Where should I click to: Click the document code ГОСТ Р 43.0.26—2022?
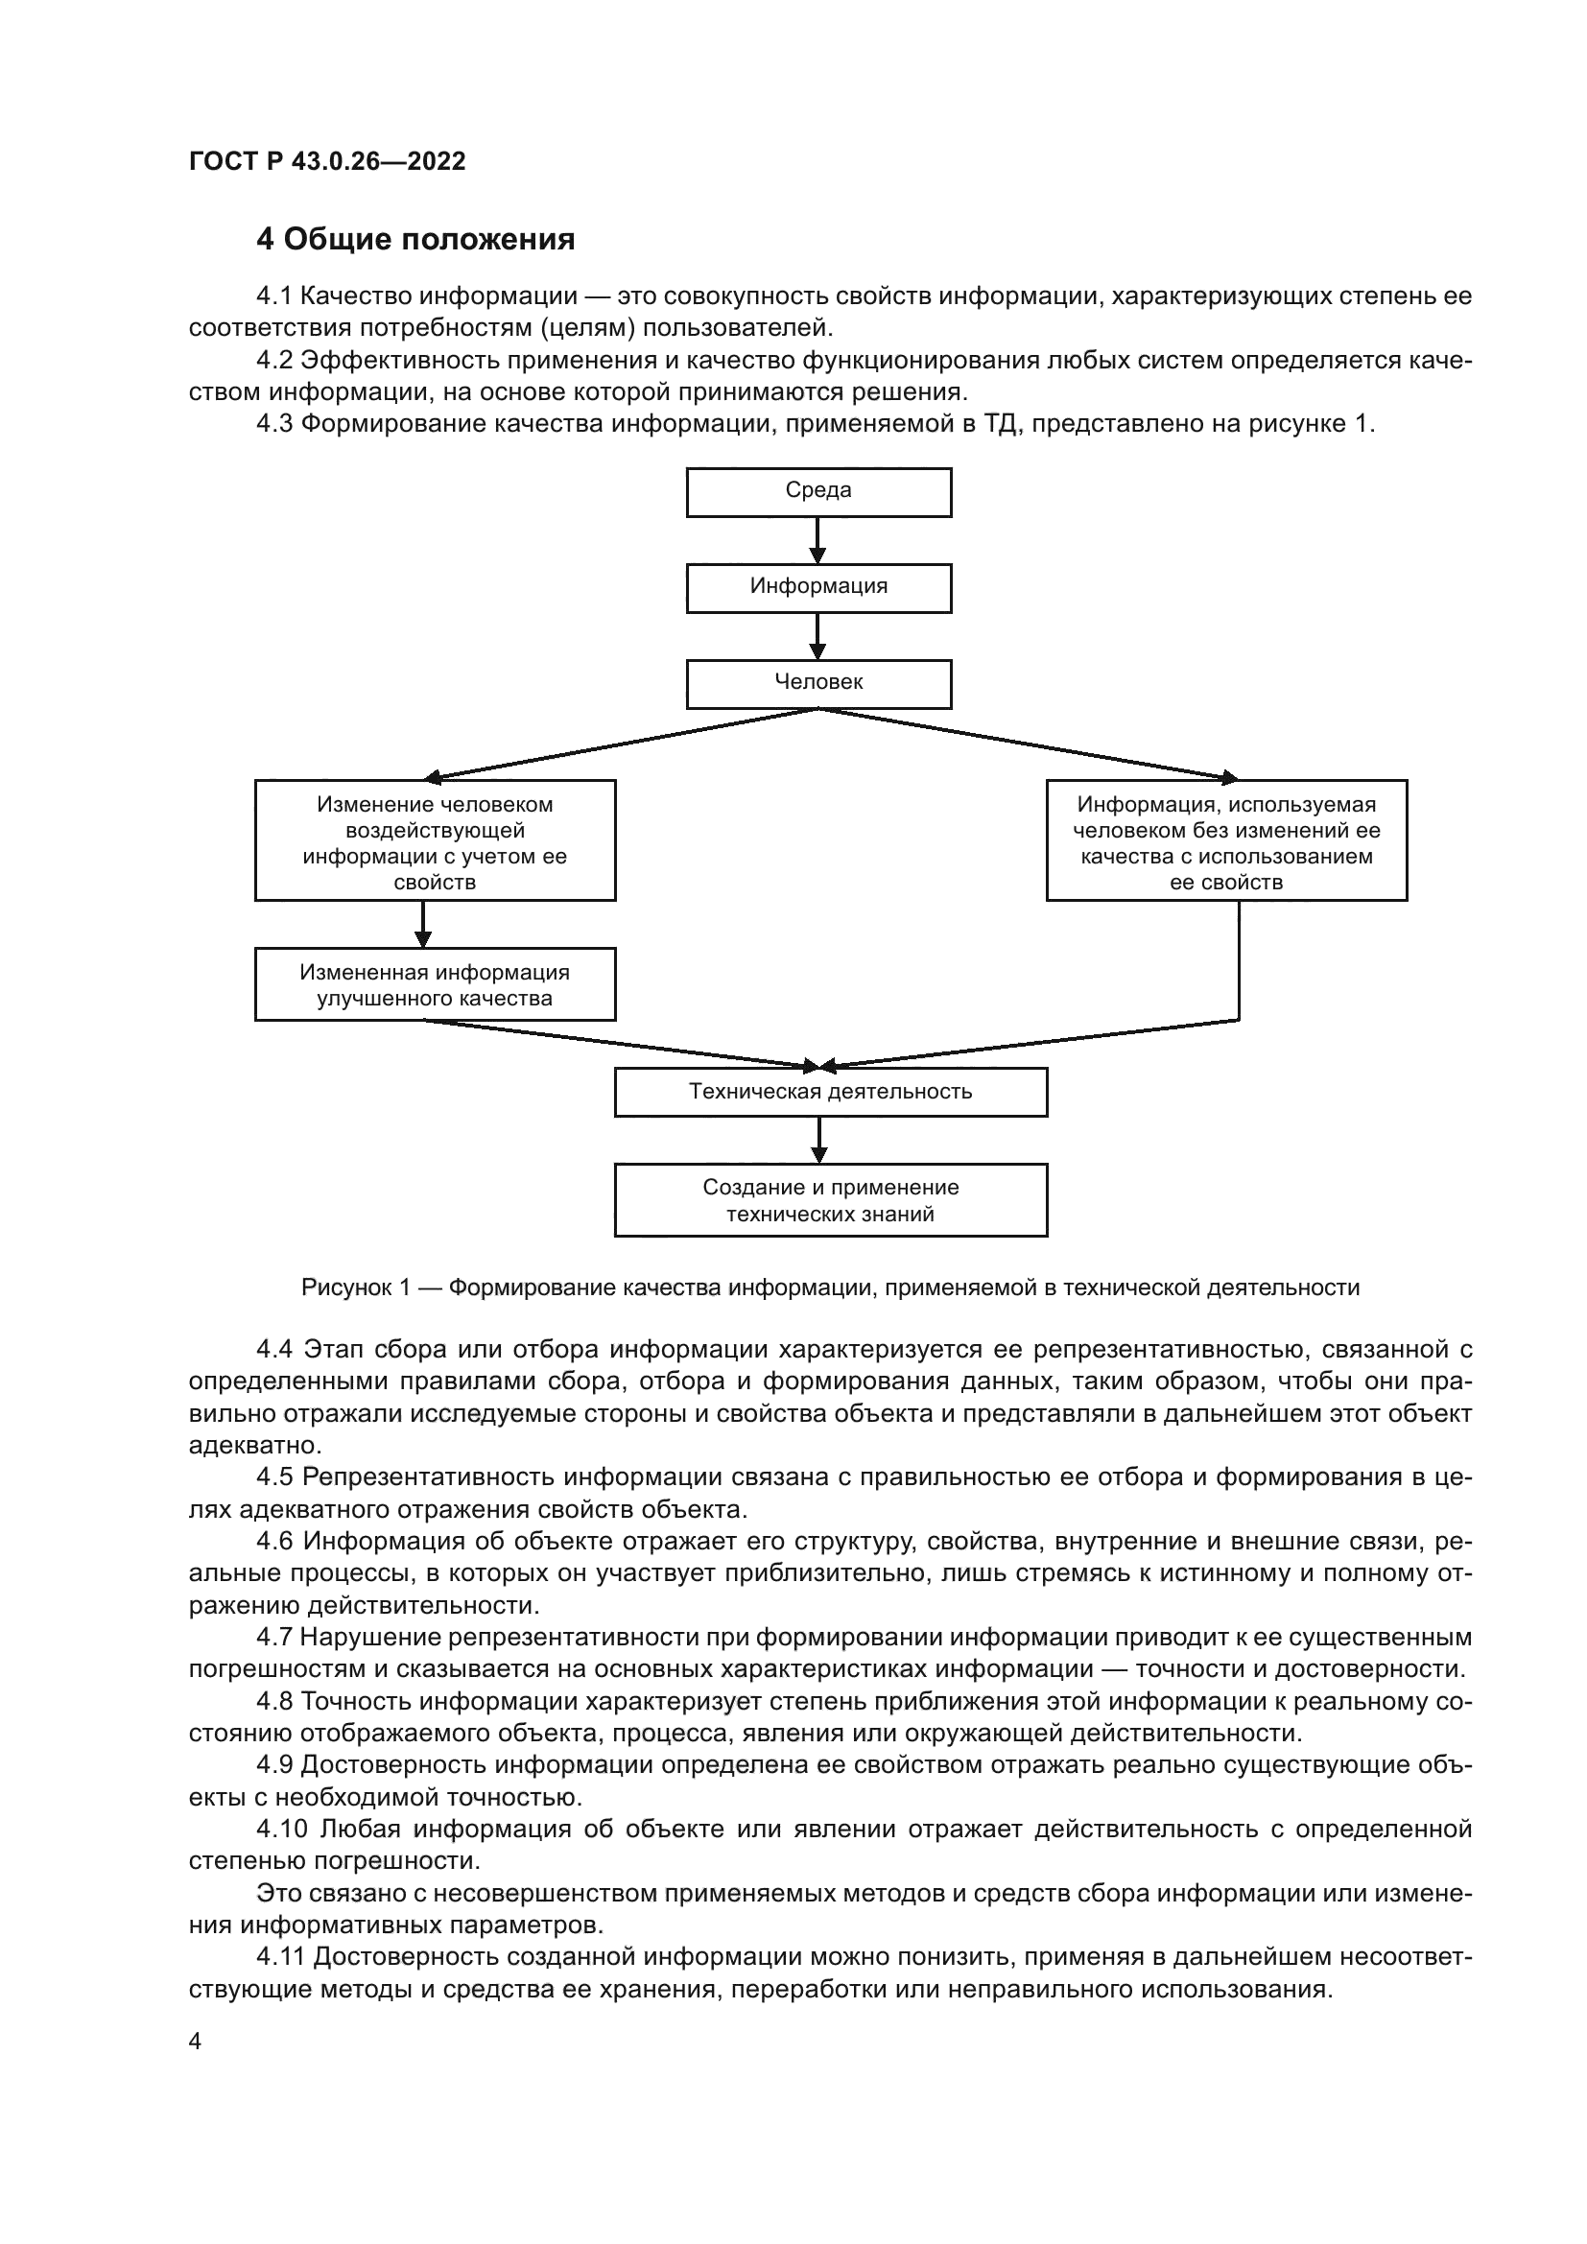[327, 161]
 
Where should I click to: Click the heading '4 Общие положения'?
[415, 239]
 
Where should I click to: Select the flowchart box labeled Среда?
[817, 491]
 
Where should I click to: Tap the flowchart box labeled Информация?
[817, 587]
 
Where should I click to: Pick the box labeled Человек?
[817, 683]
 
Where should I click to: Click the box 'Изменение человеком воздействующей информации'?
[435, 840]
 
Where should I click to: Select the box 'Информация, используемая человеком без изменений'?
[1225, 840]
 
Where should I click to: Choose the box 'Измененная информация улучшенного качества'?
[435, 984]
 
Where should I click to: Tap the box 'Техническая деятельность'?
[830, 1092]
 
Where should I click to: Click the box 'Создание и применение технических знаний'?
[830, 1200]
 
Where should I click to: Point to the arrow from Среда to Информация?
[817, 540]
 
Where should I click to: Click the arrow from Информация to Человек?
[817, 636]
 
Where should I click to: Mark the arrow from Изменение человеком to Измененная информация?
[423, 924]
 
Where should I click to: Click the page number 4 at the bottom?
[195, 2042]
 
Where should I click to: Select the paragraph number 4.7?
[274, 1637]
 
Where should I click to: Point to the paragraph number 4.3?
[274, 424]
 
